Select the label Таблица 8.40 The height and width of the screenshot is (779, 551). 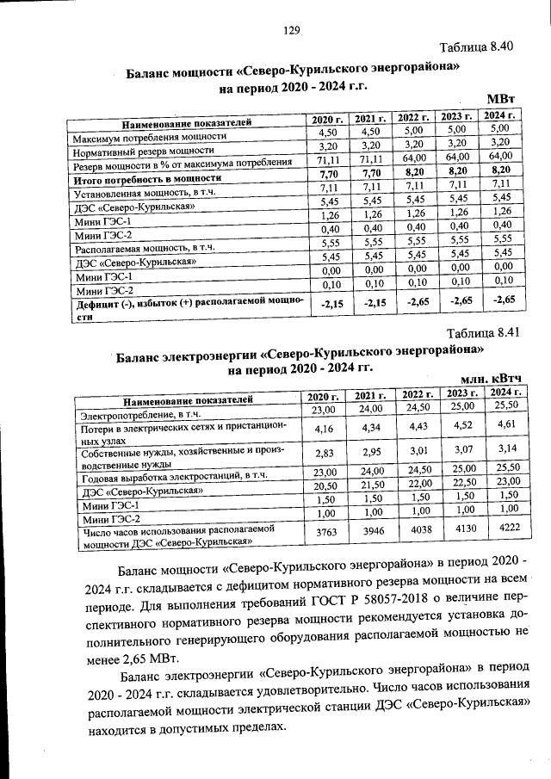pos(476,46)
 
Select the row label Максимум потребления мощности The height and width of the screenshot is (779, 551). pos(150,136)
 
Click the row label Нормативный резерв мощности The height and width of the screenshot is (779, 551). pos(143,150)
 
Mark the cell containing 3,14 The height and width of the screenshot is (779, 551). pos(507,448)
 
